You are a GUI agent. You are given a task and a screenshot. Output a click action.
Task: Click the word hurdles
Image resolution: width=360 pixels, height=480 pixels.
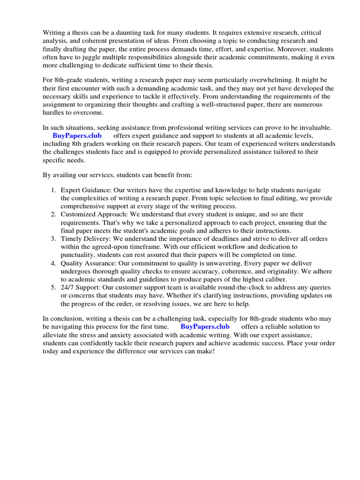click(55, 113)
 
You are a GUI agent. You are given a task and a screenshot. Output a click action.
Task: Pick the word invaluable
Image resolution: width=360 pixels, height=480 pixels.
click(314, 127)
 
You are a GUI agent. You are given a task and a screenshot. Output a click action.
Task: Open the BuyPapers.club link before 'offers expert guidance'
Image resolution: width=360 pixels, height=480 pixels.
click(77, 136)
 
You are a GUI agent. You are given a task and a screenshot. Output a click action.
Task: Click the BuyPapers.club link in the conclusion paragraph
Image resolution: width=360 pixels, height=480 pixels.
click(205, 326)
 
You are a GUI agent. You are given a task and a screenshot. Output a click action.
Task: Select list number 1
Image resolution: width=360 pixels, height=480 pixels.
click(53, 190)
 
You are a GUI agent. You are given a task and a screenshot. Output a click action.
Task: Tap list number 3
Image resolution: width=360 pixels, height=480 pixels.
click(53, 239)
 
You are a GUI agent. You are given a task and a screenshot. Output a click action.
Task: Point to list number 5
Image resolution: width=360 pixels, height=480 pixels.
click(53, 287)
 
